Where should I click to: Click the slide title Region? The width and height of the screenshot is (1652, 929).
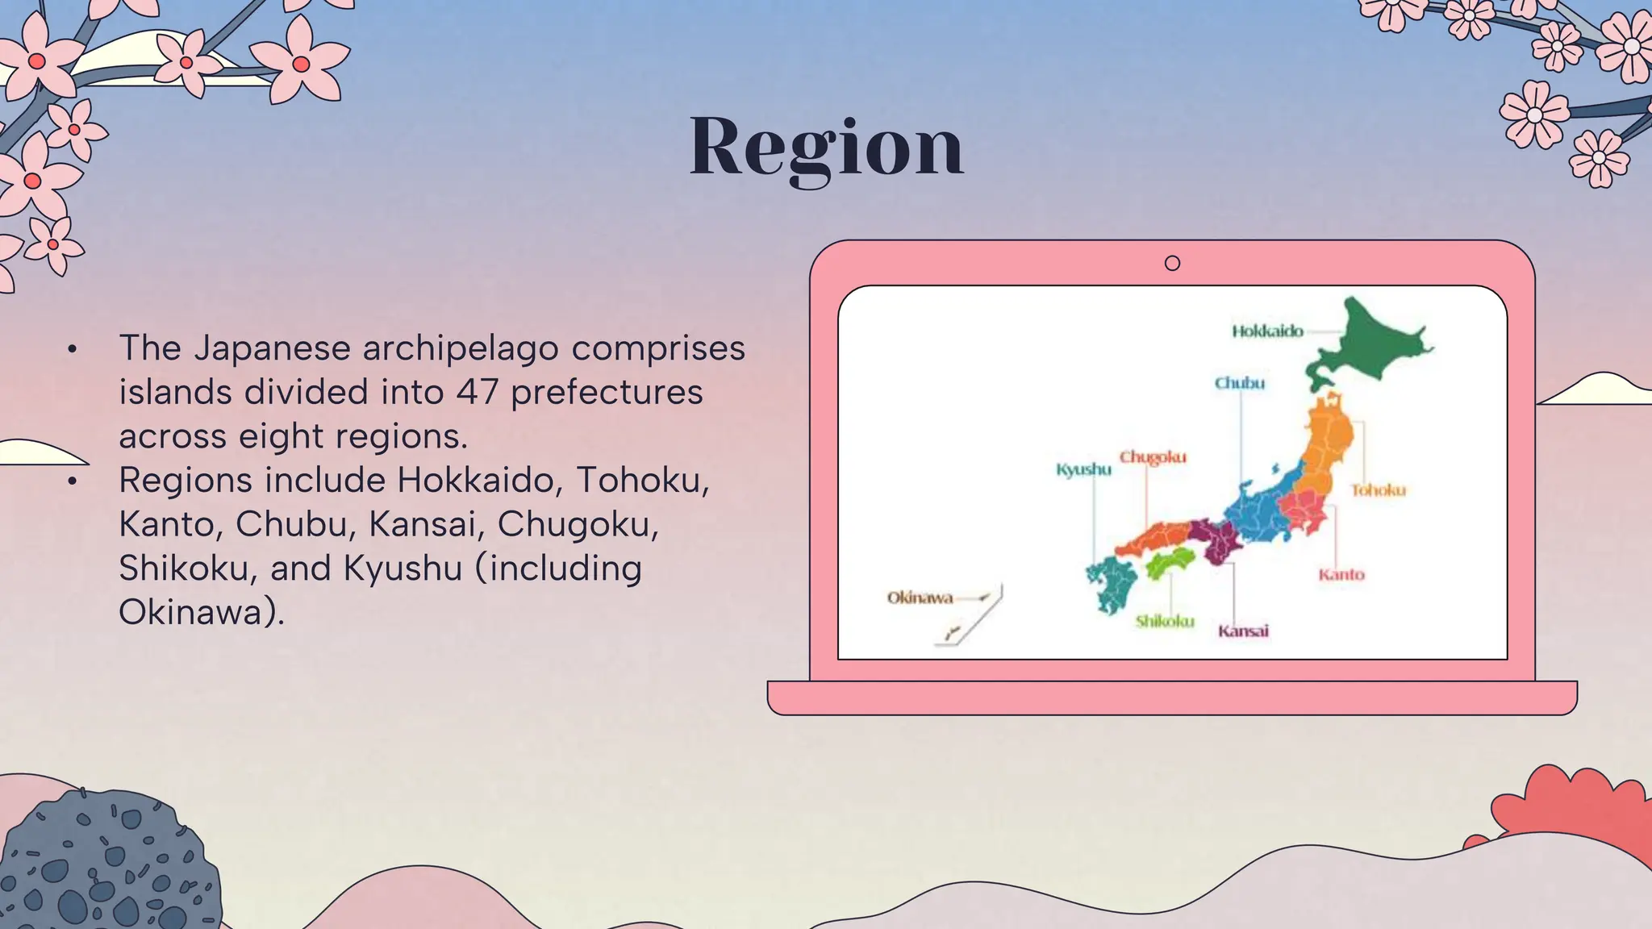826,147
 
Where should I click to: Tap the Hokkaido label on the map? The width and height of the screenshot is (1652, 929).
1267,331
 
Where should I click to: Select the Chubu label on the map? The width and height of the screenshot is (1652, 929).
1240,383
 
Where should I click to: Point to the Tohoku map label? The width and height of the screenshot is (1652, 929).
1379,490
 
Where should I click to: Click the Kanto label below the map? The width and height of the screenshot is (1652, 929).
1341,575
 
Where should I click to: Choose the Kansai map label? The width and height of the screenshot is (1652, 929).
1243,631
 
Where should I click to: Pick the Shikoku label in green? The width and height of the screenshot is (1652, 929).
1165,621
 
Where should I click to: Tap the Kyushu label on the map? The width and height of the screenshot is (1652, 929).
1083,469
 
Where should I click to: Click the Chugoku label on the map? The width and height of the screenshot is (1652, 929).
1153,457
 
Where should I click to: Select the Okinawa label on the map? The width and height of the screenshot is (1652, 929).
920,598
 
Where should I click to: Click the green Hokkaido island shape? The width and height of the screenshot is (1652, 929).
1371,343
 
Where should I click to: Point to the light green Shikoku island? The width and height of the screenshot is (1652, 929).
1169,561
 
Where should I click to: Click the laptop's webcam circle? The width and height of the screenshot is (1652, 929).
1172,263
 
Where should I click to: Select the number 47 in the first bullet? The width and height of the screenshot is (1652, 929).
478,392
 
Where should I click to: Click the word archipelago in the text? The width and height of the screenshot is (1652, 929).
460,348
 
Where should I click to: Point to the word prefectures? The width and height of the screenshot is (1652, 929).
607,392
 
